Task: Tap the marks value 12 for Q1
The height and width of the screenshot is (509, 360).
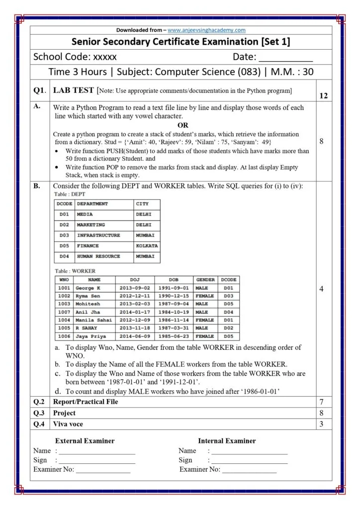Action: click(323, 95)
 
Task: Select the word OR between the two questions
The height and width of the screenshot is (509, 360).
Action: click(183, 125)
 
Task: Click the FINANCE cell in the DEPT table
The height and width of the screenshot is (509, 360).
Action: click(88, 246)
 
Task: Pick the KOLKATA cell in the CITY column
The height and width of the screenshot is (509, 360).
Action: click(147, 246)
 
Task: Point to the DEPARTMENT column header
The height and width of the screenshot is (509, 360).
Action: click(92, 204)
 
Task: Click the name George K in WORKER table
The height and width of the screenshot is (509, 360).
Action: click(88, 288)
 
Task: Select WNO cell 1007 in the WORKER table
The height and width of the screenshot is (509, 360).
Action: click(64, 312)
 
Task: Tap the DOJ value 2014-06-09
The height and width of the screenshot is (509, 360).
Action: click(135, 337)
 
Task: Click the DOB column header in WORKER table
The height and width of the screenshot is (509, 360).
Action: click(174, 280)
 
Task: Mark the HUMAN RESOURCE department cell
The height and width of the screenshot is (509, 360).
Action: click(98, 256)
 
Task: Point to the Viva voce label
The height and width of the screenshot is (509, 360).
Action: click(68, 424)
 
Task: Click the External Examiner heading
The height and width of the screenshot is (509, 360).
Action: click(85, 441)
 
